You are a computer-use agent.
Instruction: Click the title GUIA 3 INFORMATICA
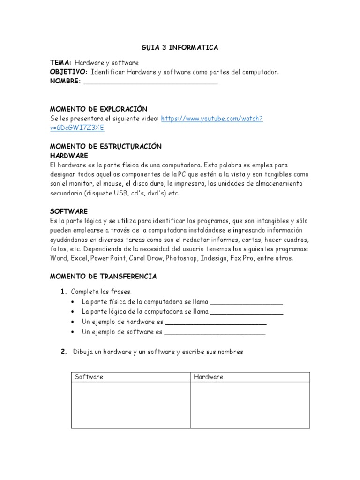point(180,48)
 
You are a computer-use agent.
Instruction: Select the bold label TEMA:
point(60,62)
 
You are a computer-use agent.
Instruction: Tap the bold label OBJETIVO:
point(68,72)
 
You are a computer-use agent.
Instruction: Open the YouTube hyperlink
point(212,119)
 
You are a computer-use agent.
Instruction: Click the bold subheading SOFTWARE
point(68,211)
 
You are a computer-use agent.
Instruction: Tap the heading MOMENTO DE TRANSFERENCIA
point(103,277)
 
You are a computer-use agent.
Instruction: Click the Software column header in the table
point(89,377)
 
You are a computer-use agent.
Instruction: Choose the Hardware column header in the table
point(209,377)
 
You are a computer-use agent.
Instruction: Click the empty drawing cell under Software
point(131,405)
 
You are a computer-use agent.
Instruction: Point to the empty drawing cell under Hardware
point(250,405)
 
